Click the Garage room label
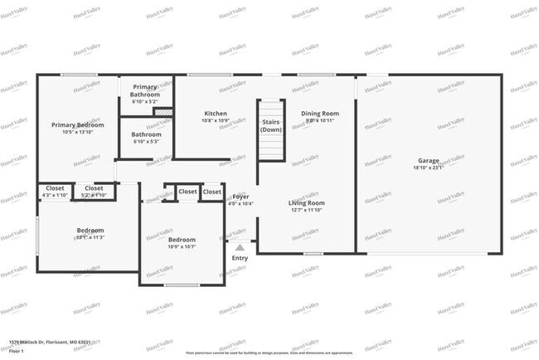pos(428,160)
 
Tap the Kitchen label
pos(216,113)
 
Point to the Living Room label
pos(306,202)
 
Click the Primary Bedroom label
pos(78,124)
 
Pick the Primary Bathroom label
pos(146,90)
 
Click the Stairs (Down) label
pos(271,125)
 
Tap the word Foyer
pos(240,196)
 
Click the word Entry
pos(240,257)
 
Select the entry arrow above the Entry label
pos(240,246)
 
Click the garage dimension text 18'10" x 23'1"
pos(428,168)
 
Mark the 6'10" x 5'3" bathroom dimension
pos(146,141)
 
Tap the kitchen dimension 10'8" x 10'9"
pos(216,120)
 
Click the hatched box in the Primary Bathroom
pos(163,111)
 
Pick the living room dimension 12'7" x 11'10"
pos(306,210)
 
